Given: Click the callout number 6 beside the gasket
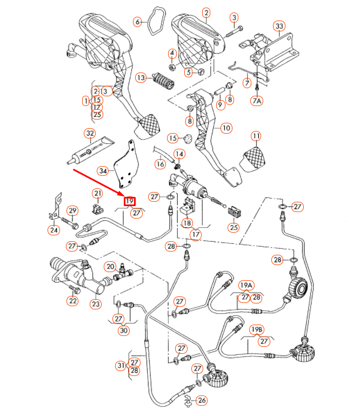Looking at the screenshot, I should (138, 22).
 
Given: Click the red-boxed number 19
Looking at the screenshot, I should (130, 202).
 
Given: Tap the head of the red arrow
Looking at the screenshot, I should (123, 196).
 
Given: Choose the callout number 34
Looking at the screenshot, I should (103, 170).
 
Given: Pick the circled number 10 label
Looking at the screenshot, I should (226, 128).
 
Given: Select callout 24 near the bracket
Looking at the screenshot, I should (54, 231).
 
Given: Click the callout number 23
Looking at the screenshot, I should (96, 304).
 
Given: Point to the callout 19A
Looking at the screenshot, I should (246, 285).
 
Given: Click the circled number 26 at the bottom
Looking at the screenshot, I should (202, 400).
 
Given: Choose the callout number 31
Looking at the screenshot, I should (121, 366).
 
